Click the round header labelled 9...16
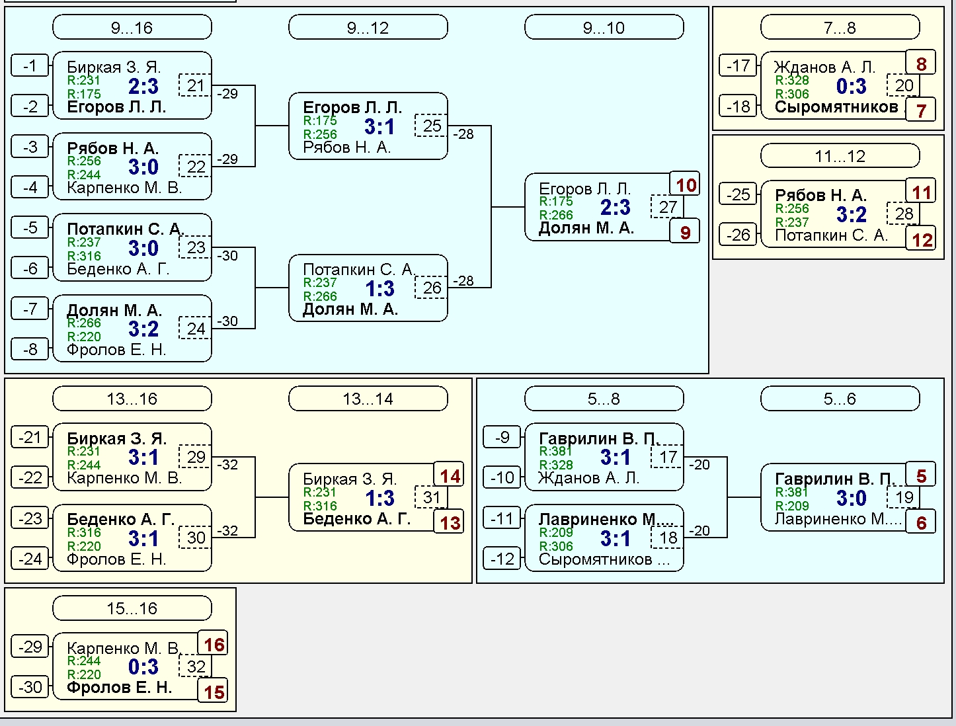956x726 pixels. (132, 27)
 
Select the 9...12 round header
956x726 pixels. (368, 27)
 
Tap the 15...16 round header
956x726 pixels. (132, 608)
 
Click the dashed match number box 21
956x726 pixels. (195, 85)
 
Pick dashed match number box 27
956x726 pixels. (667, 206)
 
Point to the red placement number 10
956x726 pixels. (686, 185)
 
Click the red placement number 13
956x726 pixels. (450, 522)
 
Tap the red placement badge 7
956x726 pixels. (921, 110)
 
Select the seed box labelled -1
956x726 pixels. (30, 65)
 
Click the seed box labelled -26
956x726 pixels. (738, 235)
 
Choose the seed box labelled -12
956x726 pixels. (502, 558)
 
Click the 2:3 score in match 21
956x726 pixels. (143, 86)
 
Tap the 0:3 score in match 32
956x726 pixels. (143, 666)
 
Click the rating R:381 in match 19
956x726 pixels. (792, 492)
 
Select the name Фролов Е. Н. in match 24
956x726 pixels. (116, 349)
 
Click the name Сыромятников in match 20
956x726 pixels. (836, 107)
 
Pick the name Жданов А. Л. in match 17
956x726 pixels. (589, 478)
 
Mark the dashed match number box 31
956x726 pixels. (431, 497)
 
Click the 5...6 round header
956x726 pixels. (840, 398)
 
